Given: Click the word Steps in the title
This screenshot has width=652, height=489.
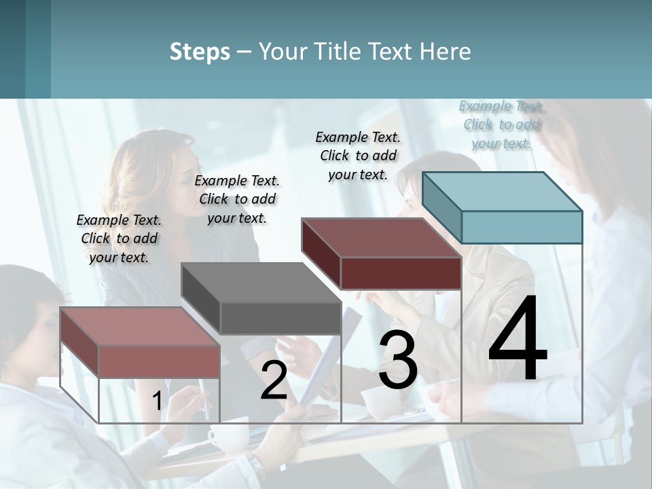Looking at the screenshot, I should click(200, 52).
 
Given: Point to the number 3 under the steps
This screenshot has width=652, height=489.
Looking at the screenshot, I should click(398, 361).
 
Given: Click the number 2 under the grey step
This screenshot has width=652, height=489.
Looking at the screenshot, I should click(274, 381).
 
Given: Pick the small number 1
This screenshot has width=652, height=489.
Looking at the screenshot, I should click(157, 401).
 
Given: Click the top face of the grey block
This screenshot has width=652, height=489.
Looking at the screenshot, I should click(261, 283).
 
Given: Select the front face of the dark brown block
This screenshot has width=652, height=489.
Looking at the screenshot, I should click(401, 274).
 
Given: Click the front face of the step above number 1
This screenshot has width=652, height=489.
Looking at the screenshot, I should click(159, 361).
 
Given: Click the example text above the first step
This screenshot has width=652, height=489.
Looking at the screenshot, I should click(119, 238).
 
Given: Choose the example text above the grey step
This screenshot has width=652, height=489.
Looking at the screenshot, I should click(237, 199).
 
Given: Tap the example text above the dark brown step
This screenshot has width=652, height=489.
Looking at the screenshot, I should click(358, 156).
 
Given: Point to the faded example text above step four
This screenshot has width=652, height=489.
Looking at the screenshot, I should click(502, 125).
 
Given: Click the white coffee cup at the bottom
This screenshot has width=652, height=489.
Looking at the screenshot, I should click(228, 435).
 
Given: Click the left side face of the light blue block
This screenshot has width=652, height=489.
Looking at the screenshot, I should click(442, 207).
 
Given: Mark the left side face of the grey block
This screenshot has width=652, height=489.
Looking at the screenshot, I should click(200, 298).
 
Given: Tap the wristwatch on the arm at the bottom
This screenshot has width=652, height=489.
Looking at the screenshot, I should click(256, 468).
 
